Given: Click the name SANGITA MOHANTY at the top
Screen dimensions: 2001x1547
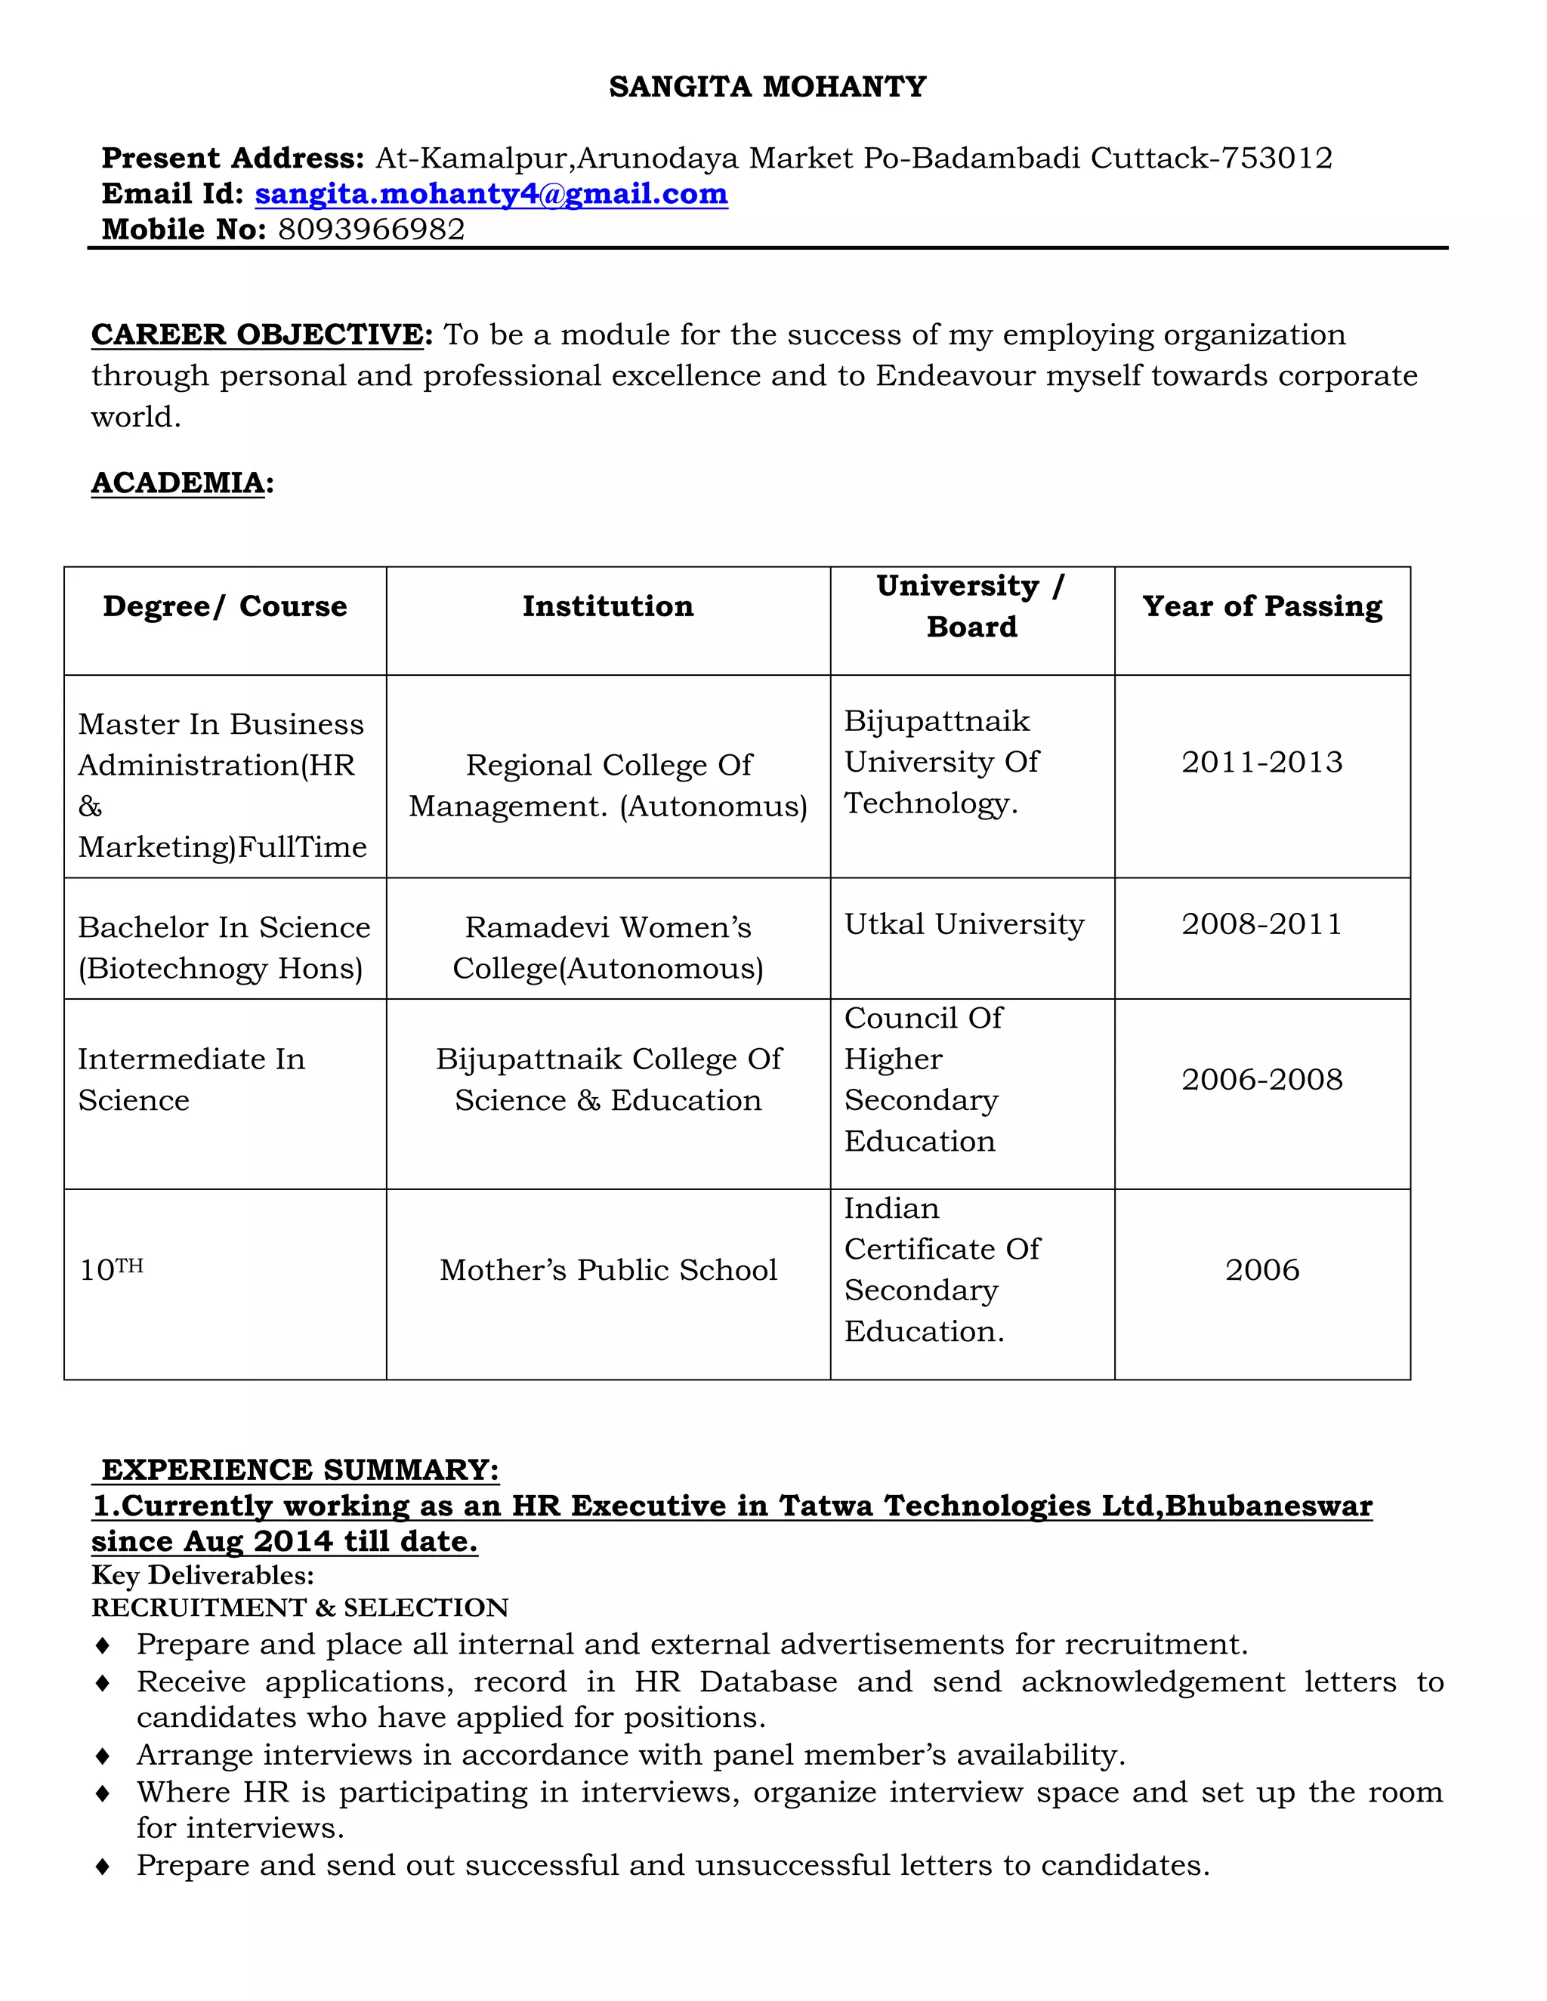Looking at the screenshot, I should tap(767, 87).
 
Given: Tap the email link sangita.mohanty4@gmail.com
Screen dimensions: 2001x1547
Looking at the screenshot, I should tap(491, 194).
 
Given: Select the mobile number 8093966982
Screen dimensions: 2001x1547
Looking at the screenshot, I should tap(371, 229).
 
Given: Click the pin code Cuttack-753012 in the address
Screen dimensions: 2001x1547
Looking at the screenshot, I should tap(1211, 159).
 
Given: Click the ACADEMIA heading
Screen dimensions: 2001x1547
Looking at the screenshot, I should tap(180, 483).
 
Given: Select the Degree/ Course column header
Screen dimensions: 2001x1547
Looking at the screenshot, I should tap(224, 606).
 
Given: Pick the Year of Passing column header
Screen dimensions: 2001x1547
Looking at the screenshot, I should tap(1262, 606).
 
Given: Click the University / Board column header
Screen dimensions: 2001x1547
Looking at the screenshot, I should tap(971, 606).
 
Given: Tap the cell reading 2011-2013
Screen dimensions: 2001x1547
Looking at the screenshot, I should tap(1262, 763).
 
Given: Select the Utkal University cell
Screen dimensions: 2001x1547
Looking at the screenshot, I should tap(964, 924).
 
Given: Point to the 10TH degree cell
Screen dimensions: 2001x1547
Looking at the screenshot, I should tap(111, 1270).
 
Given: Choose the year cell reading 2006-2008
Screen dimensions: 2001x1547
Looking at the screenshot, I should tap(1262, 1081).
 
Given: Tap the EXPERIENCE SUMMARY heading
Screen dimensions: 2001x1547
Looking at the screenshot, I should tap(300, 1470).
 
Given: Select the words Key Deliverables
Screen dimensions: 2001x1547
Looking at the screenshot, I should tap(202, 1576).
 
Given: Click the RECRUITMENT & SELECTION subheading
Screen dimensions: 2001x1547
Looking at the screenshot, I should tap(300, 1608).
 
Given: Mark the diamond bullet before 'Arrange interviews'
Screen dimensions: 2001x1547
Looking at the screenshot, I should tap(103, 1756).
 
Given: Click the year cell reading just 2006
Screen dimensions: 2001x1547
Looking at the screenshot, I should tap(1262, 1271).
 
